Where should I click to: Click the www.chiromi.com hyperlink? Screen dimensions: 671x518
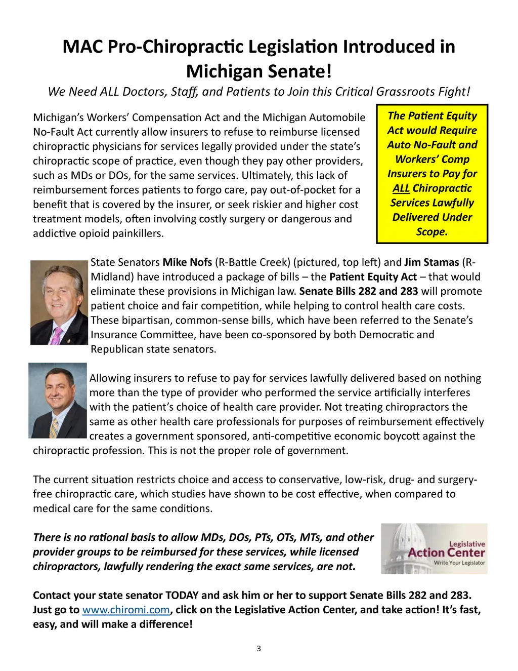(125, 610)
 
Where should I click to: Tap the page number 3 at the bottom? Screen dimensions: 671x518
(259, 648)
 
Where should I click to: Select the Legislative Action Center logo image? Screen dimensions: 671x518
(434, 548)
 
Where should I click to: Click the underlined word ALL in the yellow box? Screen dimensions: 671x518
(401, 188)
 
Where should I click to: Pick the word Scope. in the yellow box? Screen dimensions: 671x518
(432, 232)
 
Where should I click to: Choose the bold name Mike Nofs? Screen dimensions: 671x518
(187, 262)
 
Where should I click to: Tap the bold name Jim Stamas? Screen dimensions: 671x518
(431, 262)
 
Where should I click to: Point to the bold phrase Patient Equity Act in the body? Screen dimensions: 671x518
(373, 277)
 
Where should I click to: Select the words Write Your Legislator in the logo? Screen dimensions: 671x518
(459, 563)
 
